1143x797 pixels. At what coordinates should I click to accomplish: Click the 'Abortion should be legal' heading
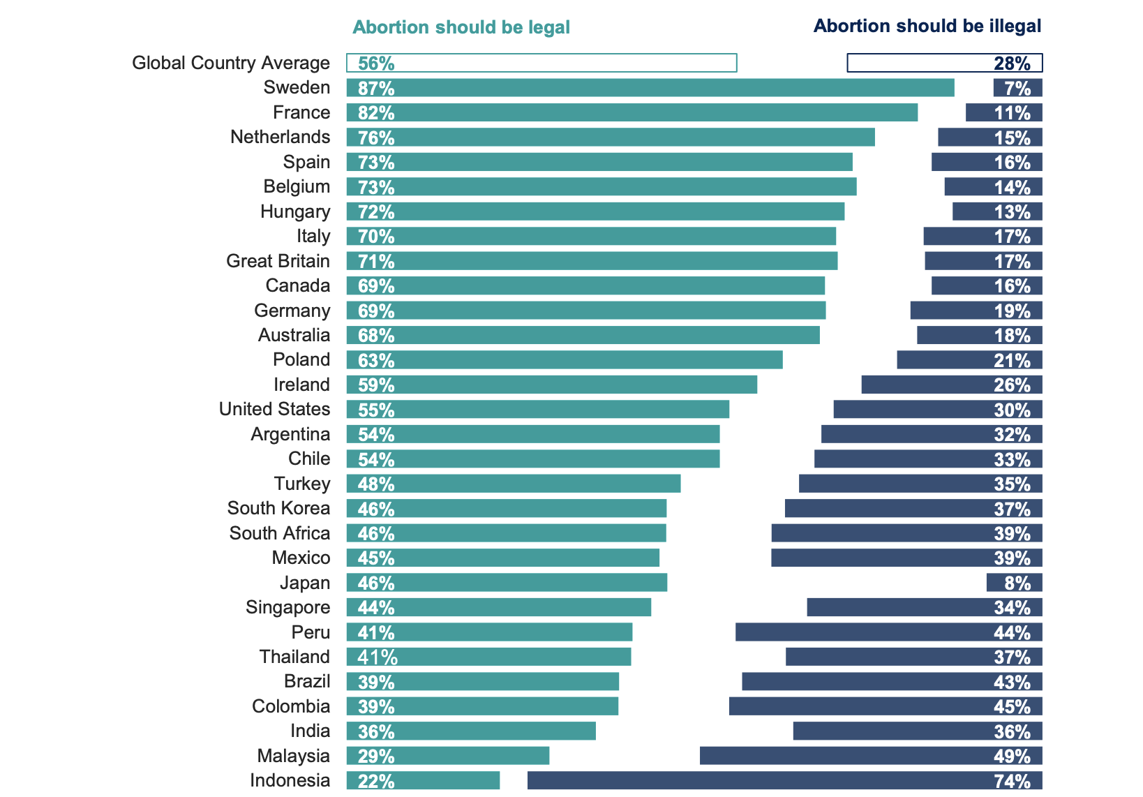point(461,27)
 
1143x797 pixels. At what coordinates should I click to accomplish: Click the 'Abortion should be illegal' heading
point(927,27)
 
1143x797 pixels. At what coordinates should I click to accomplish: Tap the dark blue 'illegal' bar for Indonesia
point(784,781)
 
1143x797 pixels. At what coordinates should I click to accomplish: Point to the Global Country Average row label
point(231,63)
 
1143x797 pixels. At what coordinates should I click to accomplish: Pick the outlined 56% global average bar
point(541,63)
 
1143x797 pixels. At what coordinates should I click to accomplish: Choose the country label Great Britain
point(278,261)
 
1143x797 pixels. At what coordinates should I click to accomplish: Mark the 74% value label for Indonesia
point(1012,781)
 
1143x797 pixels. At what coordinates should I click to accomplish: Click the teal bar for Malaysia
point(448,756)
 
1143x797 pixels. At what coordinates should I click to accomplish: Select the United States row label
point(274,409)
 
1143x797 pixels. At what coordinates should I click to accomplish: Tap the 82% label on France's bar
point(376,113)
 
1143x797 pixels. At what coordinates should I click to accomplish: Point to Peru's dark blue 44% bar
point(888,632)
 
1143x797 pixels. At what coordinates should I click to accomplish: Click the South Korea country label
point(278,508)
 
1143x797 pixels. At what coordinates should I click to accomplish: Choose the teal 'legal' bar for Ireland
point(551,385)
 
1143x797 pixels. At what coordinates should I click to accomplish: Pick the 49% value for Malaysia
point(1012,756)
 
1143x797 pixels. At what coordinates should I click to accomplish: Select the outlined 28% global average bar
point(944,63)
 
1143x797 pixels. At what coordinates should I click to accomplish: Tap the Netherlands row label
point(280,137)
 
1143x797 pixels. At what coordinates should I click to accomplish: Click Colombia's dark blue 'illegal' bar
point(886,706)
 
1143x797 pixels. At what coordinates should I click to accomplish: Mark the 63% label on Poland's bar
point(376,360)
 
